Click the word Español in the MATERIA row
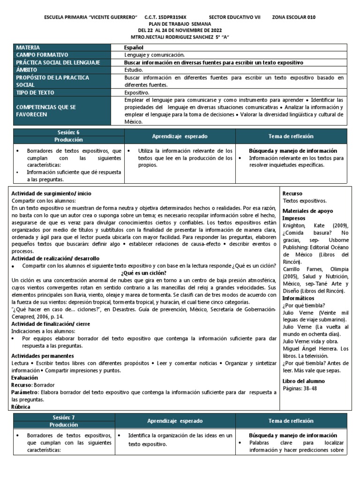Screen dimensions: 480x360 coord(134,48)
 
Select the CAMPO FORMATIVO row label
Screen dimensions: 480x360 coord(42,55)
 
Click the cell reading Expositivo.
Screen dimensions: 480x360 coord(136,93)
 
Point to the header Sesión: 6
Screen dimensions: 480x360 coord(68,133)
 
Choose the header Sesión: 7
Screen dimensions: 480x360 coord(68,417)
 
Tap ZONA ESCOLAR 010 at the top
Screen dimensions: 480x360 coord(293,17)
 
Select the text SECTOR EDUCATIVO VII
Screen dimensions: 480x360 coord(234,17)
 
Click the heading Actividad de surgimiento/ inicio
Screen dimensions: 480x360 coord(52,194)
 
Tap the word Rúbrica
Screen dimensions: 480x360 coord(22,407)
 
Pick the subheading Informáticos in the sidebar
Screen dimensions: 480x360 coord(299,298)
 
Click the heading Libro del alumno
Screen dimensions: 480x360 coord(303,381)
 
